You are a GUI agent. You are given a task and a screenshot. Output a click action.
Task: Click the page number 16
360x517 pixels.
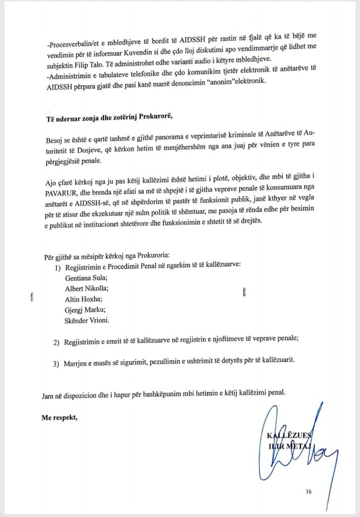pos(308,491)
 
